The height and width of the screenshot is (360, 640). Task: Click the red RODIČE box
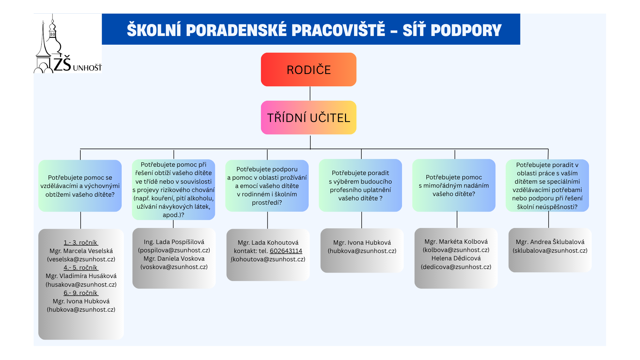pos(309,69)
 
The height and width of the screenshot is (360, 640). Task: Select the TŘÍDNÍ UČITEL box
pos(309,118)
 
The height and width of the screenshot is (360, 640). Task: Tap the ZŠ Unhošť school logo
pos(68,43)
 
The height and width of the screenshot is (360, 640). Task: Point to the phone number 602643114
pos(286,251)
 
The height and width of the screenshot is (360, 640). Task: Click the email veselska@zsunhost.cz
pos(81,259)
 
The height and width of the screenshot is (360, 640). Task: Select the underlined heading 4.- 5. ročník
pos(81,268)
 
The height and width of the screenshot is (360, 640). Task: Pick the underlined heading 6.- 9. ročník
pos(81,293)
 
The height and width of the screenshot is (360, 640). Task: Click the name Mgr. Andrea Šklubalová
pos(550,242)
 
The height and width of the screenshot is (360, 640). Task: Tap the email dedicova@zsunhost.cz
pos(456,267)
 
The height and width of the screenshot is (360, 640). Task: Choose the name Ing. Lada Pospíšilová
pos(174,242)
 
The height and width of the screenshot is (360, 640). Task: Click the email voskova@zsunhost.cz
pos(174,267)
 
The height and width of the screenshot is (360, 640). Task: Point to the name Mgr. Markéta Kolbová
pos(456,242)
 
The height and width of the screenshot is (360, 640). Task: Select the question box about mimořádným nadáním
pos(454,185)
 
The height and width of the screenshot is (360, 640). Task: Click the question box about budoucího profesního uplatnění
pos(360,185)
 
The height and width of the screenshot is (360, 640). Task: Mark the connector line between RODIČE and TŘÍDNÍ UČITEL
pos(310,94)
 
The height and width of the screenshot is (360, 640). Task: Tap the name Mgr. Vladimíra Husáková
pos(81,276)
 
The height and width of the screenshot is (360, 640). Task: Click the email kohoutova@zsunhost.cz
pos(268,259)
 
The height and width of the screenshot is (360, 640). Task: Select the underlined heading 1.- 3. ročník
pos(81,243)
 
